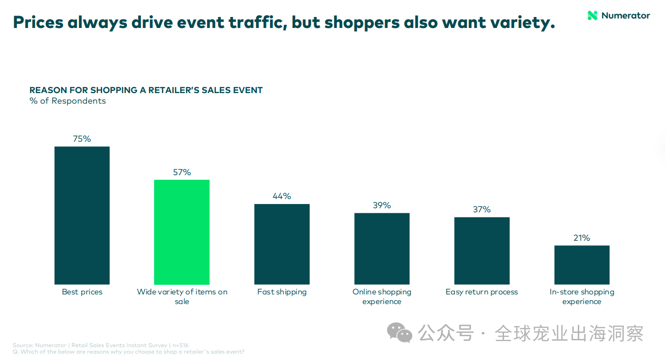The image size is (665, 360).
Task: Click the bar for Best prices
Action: pyautogui.click(x=82, y=216)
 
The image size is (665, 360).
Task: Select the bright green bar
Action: pyautogui.click(x=182, y=232)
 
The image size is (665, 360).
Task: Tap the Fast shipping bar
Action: pyautogui.click(x=282, y=244)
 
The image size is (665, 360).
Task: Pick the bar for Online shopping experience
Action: pyautogui.click(x=382, y=249)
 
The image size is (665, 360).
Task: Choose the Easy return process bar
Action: pyautogui.click(x=482, y=251)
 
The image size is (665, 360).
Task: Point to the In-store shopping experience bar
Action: pyautogui.click(x=582, y=265)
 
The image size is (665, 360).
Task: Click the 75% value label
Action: pyautogui.click(x=82, y=139)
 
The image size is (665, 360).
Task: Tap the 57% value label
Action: pyautogui.click(x=182, y=172)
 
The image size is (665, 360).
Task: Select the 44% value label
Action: pyautogui.click(x=282, y=196)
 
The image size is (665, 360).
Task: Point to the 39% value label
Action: pyautogui.click(x=382, y=205)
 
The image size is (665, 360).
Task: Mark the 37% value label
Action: pyautogui.click(x=482, y=210)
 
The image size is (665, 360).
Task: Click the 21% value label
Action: pyautogui.click(x=582, y=238)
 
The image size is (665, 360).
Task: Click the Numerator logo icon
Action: pyautogui.click(x=593, y=16)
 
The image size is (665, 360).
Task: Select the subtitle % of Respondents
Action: pyautogui.click(x=67, y=101)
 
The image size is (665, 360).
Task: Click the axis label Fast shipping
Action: pyautogui.click(x=282, y=292)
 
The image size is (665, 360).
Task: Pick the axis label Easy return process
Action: pyautogui.click(x=482, y=292)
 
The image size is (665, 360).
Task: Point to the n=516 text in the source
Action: pyautogui.click(x=180, y=345)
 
